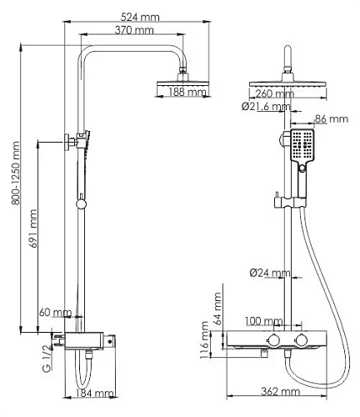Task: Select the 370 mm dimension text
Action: (x=133, y=31)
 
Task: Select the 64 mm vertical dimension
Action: (x=217, y=309)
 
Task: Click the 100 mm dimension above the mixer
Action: (x=264, y=320)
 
